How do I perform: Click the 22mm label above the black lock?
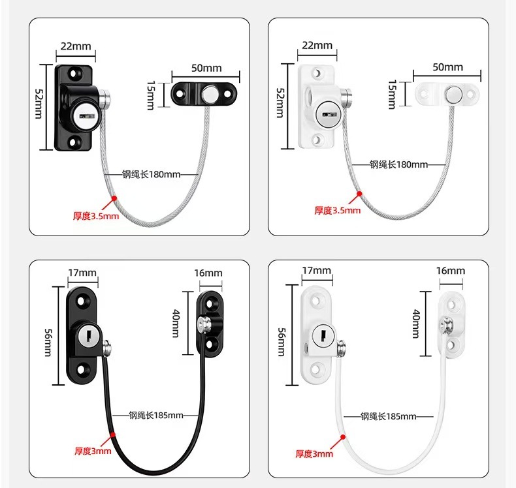pyautogui.click(x=76, y=46)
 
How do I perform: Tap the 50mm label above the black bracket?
pyautogui.click(x=206, y=68)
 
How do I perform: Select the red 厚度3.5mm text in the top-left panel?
pyautogui.click(x=96, y=216)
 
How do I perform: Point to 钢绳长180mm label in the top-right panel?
pyautogui.click(x=398, y=164)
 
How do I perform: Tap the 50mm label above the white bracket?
pyautogui.click(x=447, y=67)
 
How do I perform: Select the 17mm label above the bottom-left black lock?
pyautogui.click(x=82, y=272)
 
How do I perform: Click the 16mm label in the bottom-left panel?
pyautogui.click(x=208, y=273)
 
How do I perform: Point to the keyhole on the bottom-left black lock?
pyautogui.click(x=87, y=336)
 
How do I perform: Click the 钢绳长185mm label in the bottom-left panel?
pyautogui.click(x=156, y=416)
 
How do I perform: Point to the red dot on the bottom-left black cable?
pyautogui.click(x=114, y=434)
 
